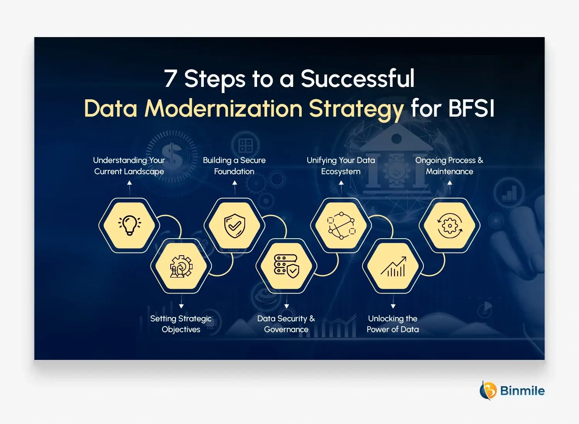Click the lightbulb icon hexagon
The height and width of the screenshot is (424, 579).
(129, 226)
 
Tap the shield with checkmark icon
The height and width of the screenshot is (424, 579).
(235, 226)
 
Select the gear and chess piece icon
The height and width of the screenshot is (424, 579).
(181, 266)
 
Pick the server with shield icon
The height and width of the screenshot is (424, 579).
(286, 266)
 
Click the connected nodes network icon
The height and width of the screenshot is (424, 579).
(341, 226)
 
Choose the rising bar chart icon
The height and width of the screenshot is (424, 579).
(393, 266)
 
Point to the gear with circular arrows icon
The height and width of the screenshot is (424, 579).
(450, 226)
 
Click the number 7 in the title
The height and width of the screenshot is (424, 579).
(170, 78)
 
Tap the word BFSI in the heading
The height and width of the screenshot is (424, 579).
(471, 108)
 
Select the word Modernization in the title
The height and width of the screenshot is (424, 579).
(223, 108)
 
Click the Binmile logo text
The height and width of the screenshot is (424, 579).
(522, 391)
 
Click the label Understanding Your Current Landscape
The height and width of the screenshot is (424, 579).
(129, 166)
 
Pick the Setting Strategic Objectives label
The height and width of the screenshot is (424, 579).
(181, 324)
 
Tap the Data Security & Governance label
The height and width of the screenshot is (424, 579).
(286, 324)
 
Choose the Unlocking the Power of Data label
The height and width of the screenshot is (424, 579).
(393, 324)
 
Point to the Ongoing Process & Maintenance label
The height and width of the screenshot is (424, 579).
(449, 166)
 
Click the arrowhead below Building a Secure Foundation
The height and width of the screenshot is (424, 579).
(235, 183)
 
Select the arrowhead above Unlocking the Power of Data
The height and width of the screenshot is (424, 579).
(393, 306)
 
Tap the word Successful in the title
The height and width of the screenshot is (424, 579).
(357, 78)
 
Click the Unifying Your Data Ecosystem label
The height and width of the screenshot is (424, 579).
(341, 166)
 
